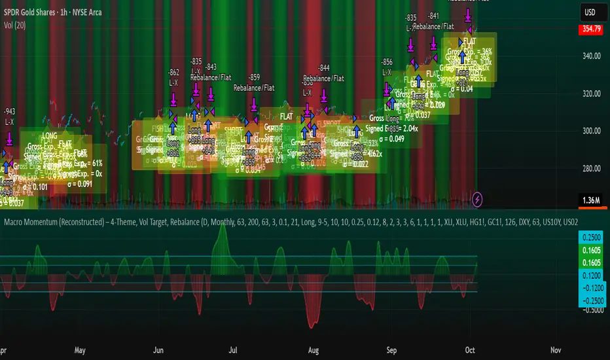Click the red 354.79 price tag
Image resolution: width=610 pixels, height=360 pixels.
592,29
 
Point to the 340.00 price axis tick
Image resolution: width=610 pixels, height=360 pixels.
592,56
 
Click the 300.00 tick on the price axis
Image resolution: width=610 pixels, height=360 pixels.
592,131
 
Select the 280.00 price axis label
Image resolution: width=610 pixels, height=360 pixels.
592,169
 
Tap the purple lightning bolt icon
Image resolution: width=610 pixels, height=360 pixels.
478,197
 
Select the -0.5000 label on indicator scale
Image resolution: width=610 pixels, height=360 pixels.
592,311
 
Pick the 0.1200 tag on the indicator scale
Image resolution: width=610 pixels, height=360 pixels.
592,275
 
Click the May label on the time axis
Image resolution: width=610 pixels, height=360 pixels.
81,350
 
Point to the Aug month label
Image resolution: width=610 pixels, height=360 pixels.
315,350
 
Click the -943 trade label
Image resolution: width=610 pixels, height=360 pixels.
9,111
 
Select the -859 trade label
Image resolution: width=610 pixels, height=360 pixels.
254,77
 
